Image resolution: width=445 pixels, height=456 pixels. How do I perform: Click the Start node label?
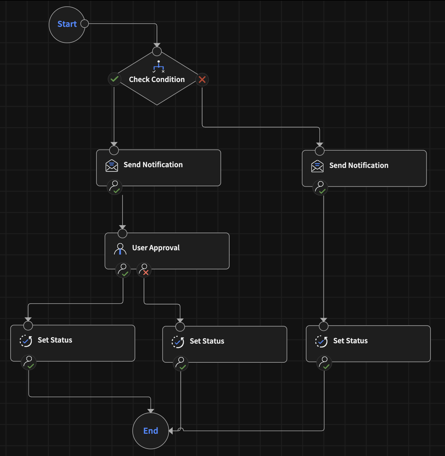(67, 24)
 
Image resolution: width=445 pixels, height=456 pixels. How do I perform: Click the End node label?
(150, 431)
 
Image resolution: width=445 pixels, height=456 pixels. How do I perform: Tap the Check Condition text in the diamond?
(156, 80)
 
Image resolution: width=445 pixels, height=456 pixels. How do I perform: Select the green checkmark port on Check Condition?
(114, 79)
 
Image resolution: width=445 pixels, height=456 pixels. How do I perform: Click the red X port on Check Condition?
(202, 80)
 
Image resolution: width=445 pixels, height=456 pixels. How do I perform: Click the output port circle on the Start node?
(85, 24)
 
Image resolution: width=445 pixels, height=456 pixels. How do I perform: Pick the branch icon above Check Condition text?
(159, 66)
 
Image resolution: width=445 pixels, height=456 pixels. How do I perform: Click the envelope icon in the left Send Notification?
(112, 165)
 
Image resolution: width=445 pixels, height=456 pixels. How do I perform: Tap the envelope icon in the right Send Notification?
(317, 166)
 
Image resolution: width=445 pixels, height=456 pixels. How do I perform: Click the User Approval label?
(156, 248)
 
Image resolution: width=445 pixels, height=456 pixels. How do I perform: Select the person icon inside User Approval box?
(120, 249)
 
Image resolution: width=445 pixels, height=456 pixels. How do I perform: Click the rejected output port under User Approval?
(144, 270)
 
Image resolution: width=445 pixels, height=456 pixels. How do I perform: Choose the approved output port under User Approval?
(123, 270)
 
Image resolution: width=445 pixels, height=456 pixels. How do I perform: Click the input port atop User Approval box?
(122, 233)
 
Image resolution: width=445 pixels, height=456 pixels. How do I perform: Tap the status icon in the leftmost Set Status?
(26, 341)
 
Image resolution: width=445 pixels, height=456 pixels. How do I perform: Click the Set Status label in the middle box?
(207, 341)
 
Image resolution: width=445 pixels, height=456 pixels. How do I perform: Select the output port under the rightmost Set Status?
(324, 363)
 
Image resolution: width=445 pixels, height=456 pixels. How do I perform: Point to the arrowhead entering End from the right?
(171, 431)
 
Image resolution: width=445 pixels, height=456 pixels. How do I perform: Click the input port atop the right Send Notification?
(320, 151)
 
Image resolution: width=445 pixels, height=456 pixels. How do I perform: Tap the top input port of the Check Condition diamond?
(157, 52)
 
